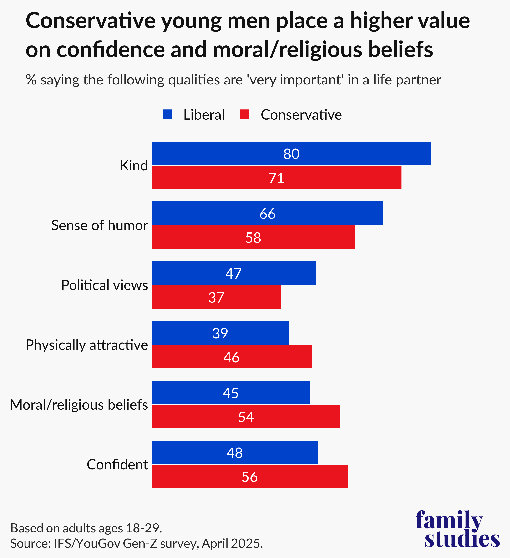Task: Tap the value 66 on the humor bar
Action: click(267, 214)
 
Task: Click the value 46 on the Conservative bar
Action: click(231, 357)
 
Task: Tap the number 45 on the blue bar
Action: click(230, 393)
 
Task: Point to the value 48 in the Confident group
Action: click(235, 453)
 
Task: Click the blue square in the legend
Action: click(167, 114)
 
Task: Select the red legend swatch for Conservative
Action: click(245, 114)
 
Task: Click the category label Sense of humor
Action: click(100, 225)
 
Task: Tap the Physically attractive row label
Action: click(87, 345)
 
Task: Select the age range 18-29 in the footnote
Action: click(143, 528)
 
